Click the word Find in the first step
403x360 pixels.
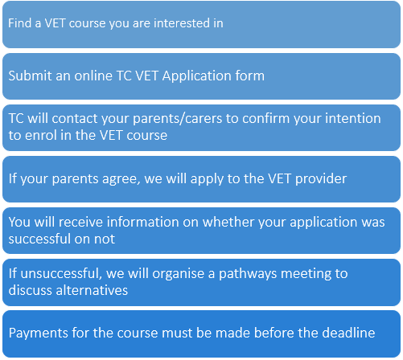click(x=21, y=23)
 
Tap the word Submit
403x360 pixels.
click(x=30, y=76)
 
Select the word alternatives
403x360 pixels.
click(x=91, y=290)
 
